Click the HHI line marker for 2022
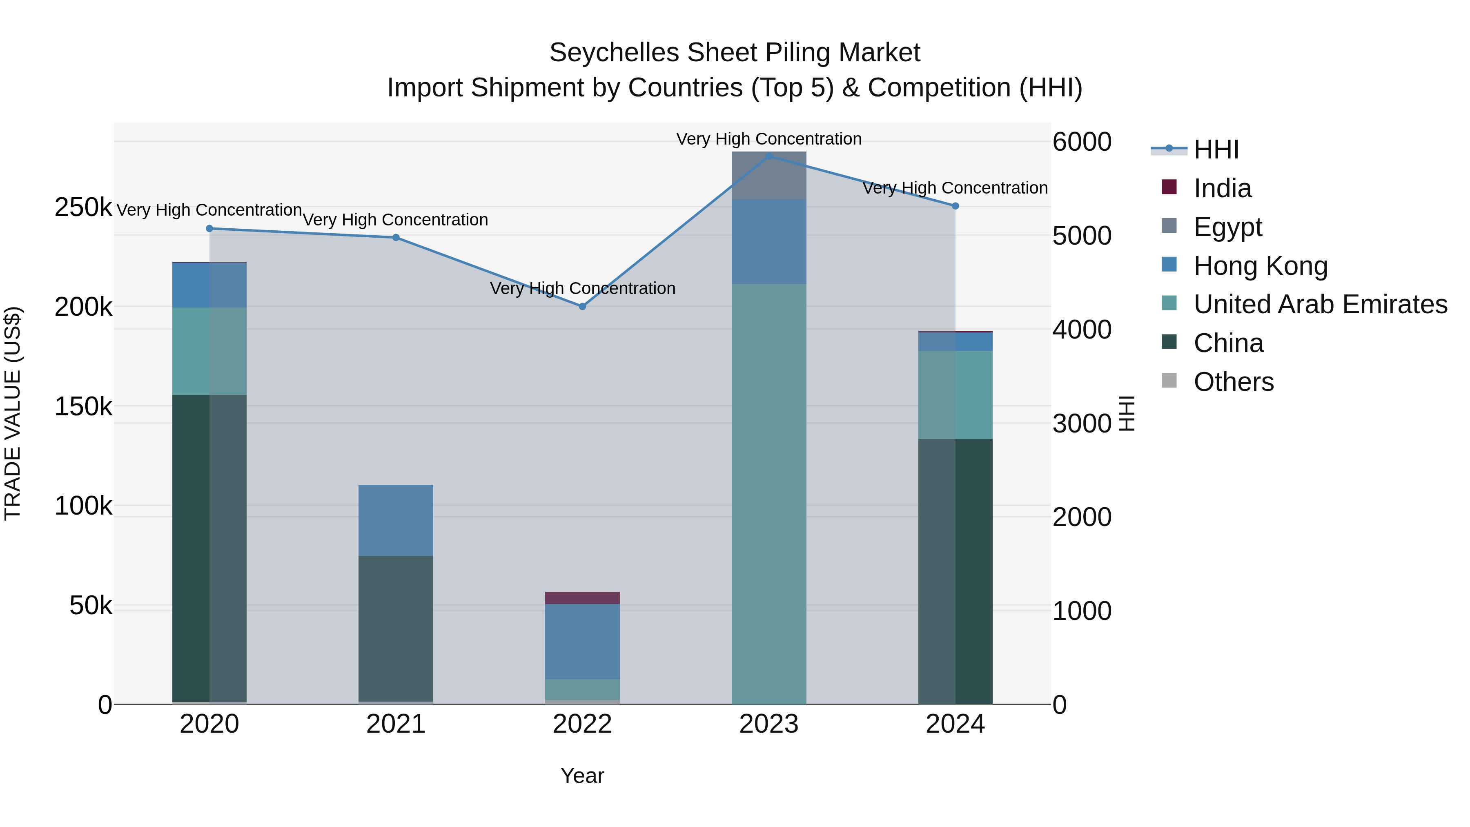pyautogui.click(x=582, y=306)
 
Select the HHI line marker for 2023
pyautogui.click(x=768, y=156)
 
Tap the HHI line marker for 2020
pyautogui.click(x=209, y=228)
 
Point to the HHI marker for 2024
pyautogui.click(x=955, y=206)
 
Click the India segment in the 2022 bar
pyautogui.click(x=582, y=597)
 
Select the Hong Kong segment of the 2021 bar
pyautogui.click(x=395, y=520)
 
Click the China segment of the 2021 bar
pyautogui.click(x=395, y=628)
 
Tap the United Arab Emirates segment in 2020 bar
pyautogui.click(x=209, y=351)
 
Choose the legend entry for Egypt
pyautogui.click(x=1227, y=227)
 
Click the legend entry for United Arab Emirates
pyautogui.click(x=1319, y=304)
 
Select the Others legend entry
pyautogui.click(x=1233, y=382)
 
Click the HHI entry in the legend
pyautogui.click(x=1216, y=149)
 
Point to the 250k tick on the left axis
pyautogui.click(x=83, y=207)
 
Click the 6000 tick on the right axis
pyautogui.click(x=1081, y=142)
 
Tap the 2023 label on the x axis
pyautogui.click(x=768, y=724)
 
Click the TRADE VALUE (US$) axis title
pyautogui.click(x=13, y=413)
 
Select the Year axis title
pyautogui.click(x=582, y=776)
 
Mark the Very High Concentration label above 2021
pyautogui.click(x=395, y=220)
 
